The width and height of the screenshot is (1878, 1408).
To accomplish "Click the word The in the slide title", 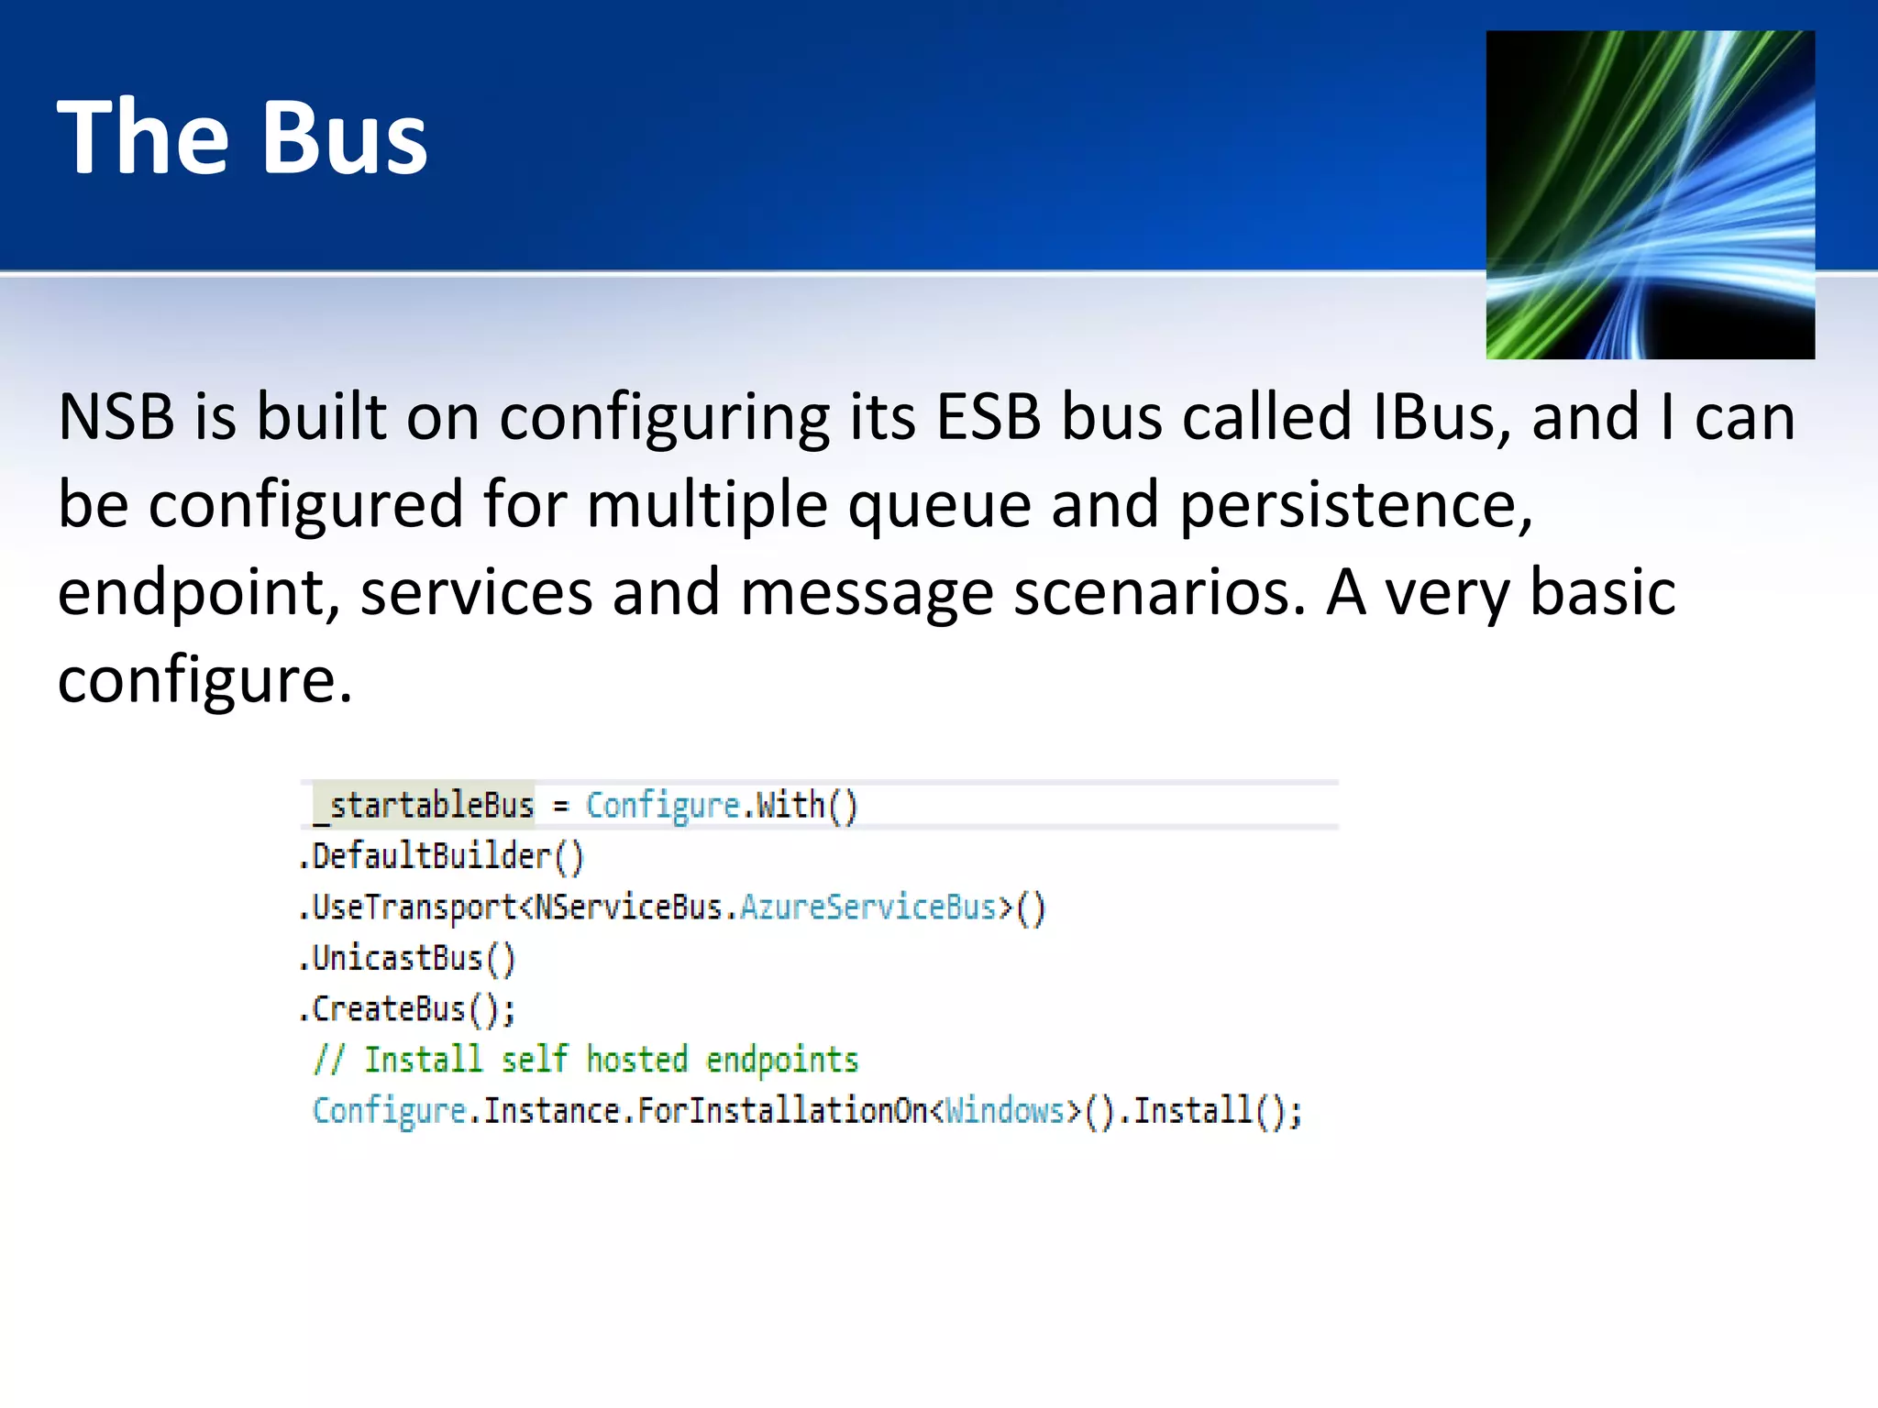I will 143,137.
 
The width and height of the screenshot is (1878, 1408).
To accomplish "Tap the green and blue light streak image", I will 1650,194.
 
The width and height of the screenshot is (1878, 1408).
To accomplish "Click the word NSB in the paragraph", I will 116,417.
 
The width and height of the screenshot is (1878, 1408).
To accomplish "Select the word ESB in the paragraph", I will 988,417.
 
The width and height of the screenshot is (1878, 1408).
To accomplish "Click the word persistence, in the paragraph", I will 1354,505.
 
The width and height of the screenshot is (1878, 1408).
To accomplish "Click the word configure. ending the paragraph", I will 204,680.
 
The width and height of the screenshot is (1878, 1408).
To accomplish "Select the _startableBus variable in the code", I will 424,806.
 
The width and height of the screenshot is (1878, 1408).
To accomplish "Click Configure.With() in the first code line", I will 721,806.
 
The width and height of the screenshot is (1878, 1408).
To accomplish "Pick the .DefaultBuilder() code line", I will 441,856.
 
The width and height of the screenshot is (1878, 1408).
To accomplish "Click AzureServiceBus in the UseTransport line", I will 867,907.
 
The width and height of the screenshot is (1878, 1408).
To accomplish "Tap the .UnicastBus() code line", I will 407,958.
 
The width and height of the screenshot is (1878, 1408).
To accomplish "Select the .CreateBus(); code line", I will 407,1009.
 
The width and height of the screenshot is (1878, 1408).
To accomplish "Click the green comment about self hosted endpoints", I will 585,1060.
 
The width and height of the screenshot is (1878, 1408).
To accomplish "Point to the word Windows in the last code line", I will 1004,1111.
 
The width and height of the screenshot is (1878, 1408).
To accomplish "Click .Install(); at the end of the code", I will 1210,1111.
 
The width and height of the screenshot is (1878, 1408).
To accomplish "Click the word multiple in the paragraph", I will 706,505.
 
